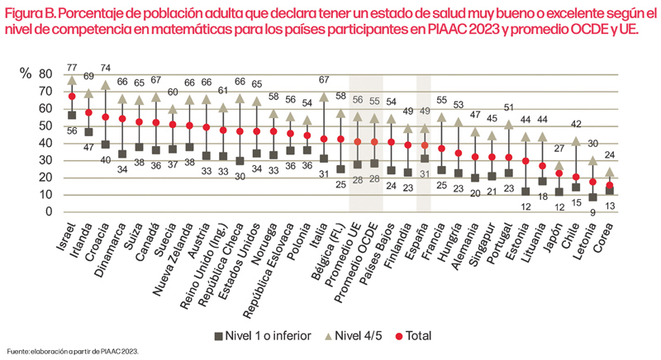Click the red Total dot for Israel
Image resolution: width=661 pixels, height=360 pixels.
pos(73,97)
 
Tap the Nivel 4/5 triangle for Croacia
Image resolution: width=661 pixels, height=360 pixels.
pos(106,84)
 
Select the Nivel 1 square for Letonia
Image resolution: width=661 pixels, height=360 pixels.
pos(592,197)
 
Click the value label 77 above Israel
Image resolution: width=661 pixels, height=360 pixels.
pos(73,67)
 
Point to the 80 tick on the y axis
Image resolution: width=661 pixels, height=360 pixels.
pos(45,74)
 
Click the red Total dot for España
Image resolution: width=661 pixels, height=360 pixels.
pos(424,145)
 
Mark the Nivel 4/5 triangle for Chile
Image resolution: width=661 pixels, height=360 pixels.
pos(576,140)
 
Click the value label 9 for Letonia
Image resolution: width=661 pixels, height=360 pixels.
pos(592,211)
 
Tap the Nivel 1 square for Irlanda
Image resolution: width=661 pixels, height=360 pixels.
pos(88,131)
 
